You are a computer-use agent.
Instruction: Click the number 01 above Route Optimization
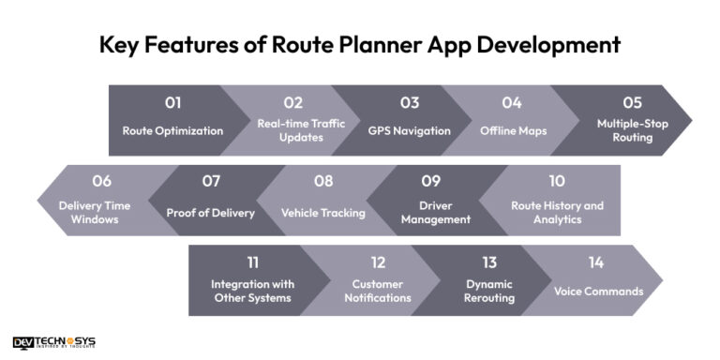click(x=172, y=103)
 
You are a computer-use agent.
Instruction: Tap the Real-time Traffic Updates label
click(x=293, y=130)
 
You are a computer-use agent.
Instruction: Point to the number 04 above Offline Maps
click(x=511, y=103)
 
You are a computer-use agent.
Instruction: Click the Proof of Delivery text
click(x=211, y=213)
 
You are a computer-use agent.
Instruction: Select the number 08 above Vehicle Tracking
click(x=323, y=181)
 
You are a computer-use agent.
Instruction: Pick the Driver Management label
click(x=430, y=212)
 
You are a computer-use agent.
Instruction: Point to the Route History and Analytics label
click(x=557, y=212)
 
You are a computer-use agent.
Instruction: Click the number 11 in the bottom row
click(x=252, y=262)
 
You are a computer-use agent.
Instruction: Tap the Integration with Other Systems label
click(x=252, y=291)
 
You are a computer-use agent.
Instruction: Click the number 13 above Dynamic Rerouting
click(x=488, y=262)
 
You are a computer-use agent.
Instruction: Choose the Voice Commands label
click(x=597, y=291)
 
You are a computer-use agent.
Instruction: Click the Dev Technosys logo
click(x=54, y=342)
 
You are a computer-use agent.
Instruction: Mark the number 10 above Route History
click(x=557, y=181)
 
